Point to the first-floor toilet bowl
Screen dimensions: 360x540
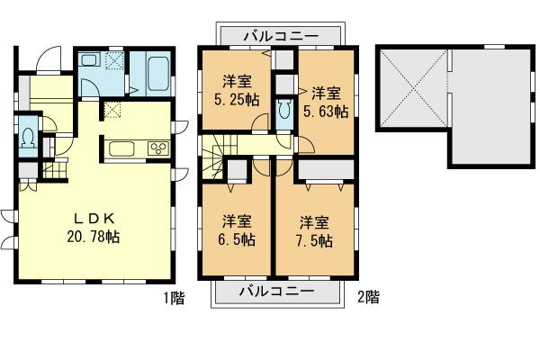click(28, 139)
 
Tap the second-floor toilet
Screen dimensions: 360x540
click(285, 111)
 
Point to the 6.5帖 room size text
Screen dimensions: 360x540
click(238, 230)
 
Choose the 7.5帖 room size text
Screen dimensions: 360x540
click(314, 230)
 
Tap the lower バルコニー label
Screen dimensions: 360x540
click(276, 292)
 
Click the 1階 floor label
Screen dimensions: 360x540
click(174, 298)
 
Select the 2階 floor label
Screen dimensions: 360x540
click(367, 298)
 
